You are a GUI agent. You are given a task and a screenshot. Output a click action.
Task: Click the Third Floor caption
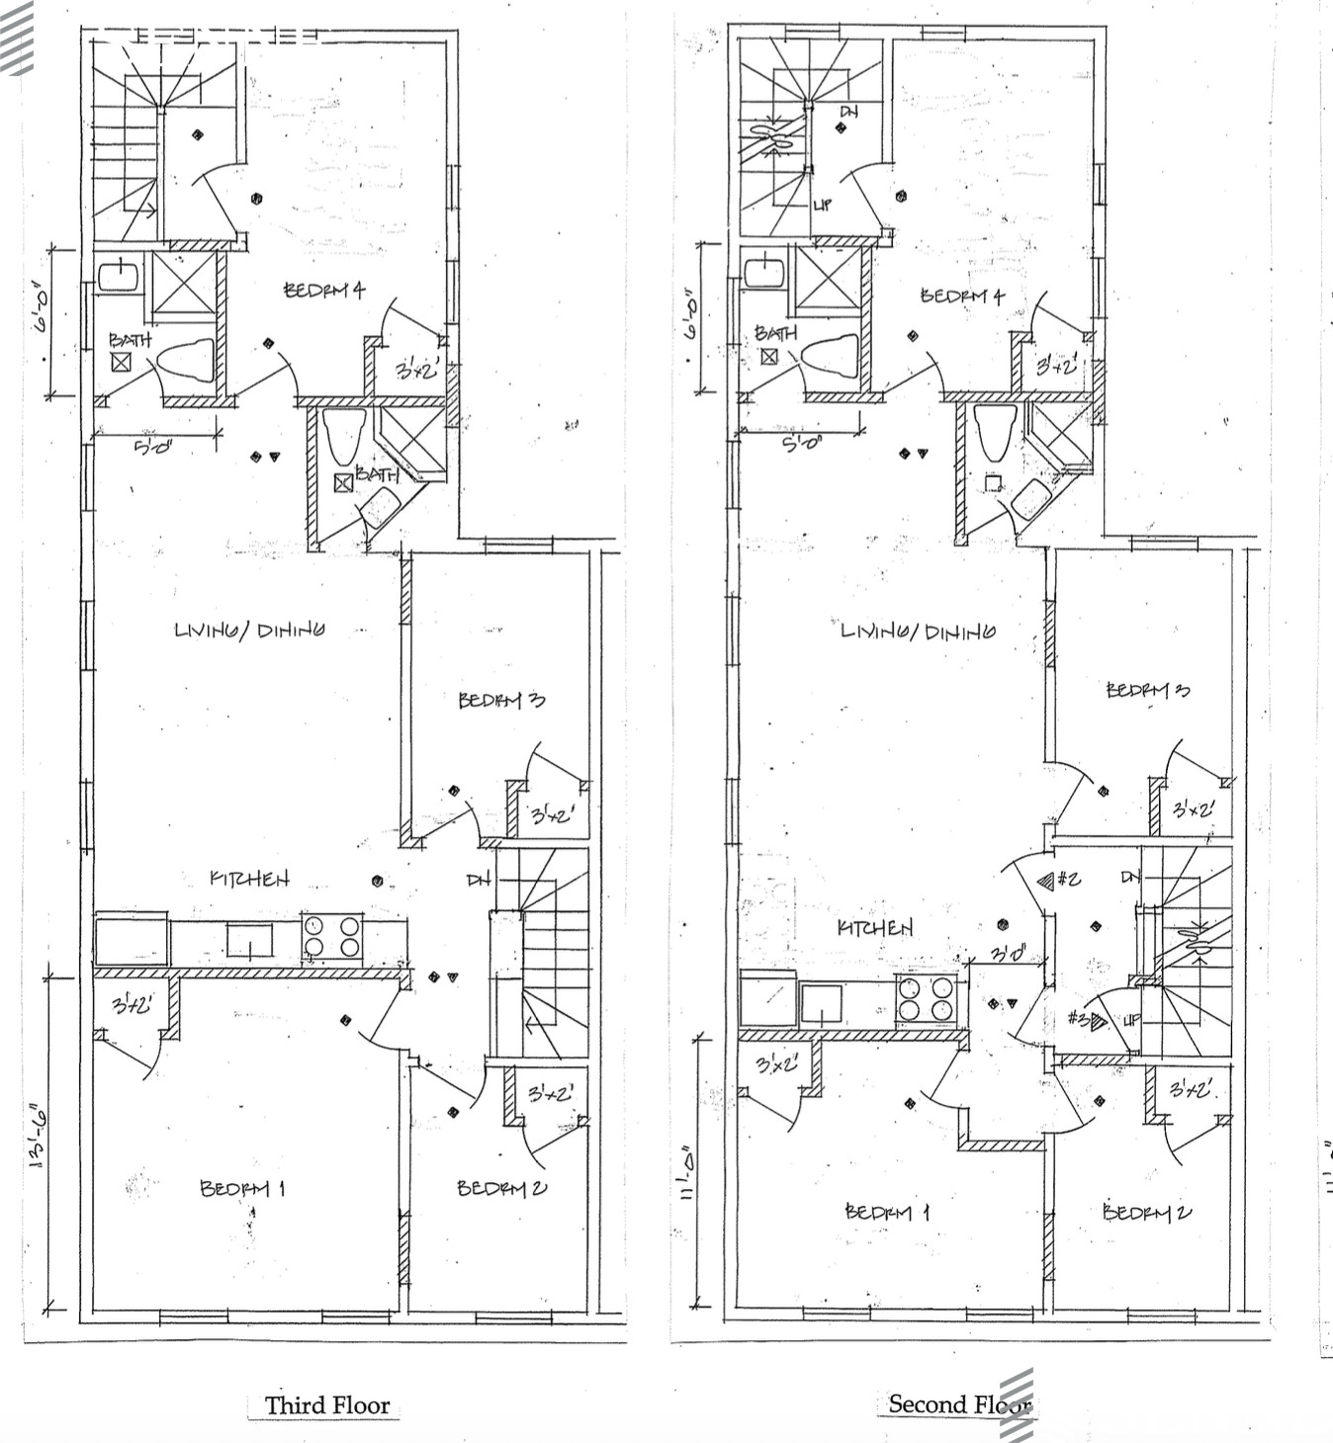(326, 1404)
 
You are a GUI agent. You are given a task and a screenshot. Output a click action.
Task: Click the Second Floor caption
(958, 1403)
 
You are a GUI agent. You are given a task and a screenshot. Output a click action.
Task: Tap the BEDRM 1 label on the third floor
(242, 1188)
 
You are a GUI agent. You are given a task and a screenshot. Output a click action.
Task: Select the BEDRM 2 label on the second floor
(1147, 1212)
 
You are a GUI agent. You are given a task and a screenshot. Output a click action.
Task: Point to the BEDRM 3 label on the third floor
(501, 701)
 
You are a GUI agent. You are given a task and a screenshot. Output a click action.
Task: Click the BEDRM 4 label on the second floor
(962, 296)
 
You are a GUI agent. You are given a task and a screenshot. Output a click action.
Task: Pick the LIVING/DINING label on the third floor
(249, 630)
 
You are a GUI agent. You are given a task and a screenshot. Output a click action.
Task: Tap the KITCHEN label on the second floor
(875, 927)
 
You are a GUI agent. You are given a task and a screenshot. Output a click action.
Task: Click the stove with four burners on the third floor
(332, 937)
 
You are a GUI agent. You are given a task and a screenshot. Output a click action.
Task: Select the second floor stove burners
(927, 997)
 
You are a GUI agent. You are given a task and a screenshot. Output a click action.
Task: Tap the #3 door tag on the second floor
(1087, 1020)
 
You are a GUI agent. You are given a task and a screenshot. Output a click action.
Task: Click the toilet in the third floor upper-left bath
(188, 361)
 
